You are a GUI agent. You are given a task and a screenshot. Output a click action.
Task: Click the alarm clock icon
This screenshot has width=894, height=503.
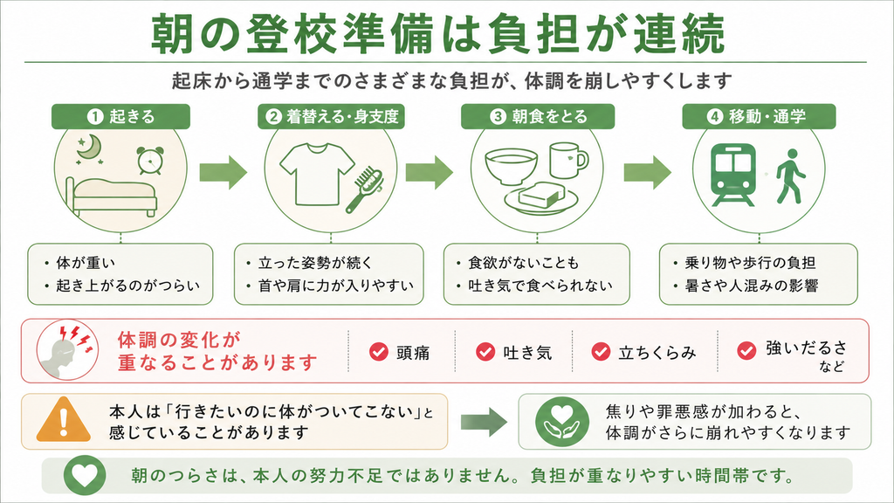150,161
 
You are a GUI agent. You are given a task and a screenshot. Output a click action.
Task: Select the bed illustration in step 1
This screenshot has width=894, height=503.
111,197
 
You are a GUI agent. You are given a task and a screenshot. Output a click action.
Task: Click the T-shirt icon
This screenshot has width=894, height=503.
317,174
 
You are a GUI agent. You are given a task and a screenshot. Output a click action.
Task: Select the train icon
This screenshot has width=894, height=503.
733,175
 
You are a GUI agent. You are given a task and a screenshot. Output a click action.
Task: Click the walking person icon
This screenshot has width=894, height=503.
791,176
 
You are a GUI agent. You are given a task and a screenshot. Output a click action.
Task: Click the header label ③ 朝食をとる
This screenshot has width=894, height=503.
538,116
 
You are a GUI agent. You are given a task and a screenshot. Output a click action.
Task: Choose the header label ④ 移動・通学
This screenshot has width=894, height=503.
759,116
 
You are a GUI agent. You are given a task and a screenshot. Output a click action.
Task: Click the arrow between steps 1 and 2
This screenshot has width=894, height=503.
223,172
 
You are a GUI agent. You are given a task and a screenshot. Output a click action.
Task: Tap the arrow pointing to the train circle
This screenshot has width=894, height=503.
647,172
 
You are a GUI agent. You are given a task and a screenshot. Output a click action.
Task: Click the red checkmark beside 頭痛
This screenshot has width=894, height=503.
379,352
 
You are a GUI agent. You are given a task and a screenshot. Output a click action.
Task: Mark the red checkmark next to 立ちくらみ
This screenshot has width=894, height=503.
601,352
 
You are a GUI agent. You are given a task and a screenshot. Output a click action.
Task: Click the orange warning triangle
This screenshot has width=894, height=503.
63,420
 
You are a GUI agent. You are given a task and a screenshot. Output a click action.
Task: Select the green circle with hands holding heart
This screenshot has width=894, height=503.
561,422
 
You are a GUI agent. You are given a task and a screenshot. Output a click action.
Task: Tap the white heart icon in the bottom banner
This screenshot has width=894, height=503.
85,474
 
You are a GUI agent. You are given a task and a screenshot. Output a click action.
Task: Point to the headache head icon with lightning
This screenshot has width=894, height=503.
67,349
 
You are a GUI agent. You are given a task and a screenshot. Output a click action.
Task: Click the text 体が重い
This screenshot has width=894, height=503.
86,263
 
